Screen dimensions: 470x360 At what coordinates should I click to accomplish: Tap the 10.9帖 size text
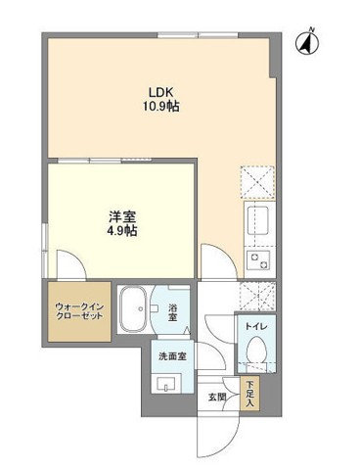point(162,103)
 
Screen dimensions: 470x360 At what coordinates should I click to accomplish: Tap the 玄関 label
point(216,397)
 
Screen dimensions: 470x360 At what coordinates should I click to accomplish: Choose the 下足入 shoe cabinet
point(249,395)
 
